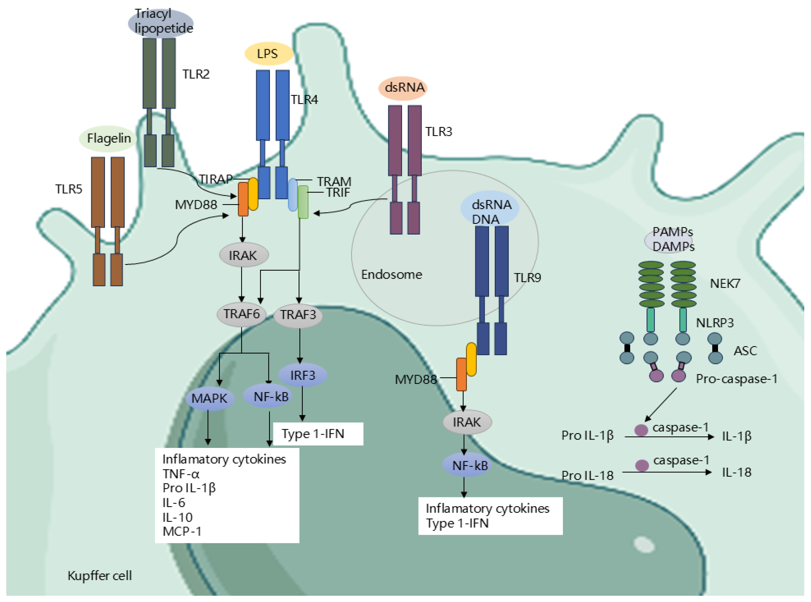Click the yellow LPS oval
[x=269, y=54]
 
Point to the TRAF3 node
[x=298, y=315]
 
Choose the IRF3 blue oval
[x=302, y=375]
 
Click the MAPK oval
[x=209, y=398]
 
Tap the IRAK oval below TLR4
[x=243, y=255]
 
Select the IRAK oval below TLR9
[x=467, y=422]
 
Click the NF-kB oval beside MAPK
[x=271, y=396]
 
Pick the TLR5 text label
[x=69, y=189]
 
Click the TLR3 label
[x=439, y=132]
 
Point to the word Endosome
[x=392, y=274]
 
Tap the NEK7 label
[x=725, y=284]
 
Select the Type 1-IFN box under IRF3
[x=318, y=434]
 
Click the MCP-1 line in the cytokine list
[x=182, y=532]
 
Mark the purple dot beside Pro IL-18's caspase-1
[x=642, y=465]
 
